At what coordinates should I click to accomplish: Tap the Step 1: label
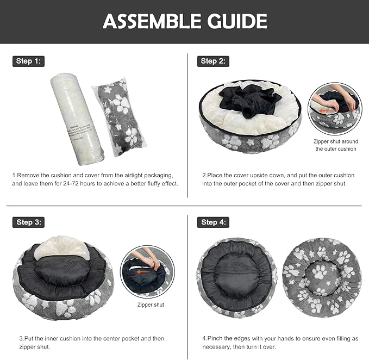click(28, 61)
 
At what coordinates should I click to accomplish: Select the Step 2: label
click(212, 61)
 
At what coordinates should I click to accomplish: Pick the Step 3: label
click(28, 222)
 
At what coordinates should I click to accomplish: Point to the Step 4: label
click(212, 222)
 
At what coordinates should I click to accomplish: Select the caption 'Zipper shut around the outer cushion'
click(336, 145)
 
